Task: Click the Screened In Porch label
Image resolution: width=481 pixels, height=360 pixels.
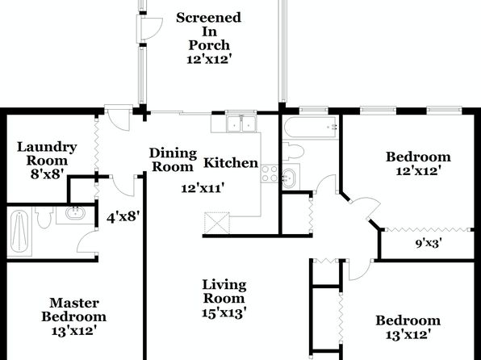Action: tap(208, 31)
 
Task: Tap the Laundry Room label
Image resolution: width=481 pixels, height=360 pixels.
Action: tap(47, 153)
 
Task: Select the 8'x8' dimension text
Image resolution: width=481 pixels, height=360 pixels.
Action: tap(48, 174)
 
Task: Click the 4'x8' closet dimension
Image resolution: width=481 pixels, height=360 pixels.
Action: tap(123, 217)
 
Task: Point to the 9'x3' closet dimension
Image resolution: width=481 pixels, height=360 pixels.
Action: tap(429, 244)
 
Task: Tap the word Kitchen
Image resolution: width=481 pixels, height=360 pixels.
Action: tap(231, 163)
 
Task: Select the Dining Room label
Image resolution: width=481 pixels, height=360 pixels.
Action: tap(173, 160)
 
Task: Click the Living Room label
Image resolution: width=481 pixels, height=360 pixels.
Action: tap(224, 291)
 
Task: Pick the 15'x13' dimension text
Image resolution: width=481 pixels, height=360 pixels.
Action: tap(224, 313)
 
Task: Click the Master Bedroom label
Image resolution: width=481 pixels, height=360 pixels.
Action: tap(74, 309)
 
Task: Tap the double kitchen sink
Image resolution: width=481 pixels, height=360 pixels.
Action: tap(241, 124)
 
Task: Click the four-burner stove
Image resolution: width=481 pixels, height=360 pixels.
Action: tap(270, 174)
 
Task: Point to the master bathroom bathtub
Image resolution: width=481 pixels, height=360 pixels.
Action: tap(19, 232)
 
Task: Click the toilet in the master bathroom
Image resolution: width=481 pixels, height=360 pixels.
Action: tap(44, 216)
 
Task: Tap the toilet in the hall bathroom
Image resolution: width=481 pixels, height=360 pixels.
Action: tap(294, 151)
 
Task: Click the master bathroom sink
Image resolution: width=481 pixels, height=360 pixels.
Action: tap(76, 213)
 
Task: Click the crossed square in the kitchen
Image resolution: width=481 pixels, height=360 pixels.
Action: tap(217, 224)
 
